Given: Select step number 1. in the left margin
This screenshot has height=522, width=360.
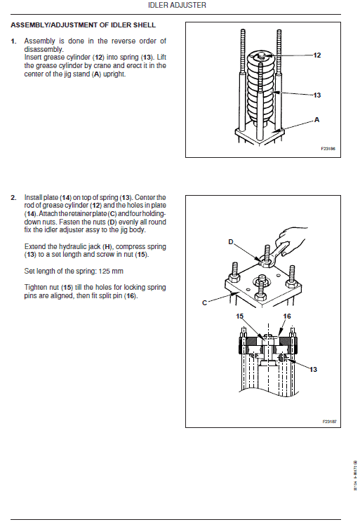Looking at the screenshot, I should click(13, 40).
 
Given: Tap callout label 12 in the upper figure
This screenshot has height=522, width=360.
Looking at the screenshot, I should click(316, 55).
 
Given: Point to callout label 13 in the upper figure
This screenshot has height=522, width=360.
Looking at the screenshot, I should click(316, 95).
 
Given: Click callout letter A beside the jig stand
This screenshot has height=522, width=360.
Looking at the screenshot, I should click(316, 120).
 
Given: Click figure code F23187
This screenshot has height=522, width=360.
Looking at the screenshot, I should click(329, 422).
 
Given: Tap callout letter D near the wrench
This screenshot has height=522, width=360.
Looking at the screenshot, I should click(230, 241).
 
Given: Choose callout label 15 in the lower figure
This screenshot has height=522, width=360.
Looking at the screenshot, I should click(240, 316).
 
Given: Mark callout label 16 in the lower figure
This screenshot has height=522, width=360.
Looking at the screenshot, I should click(286, 316).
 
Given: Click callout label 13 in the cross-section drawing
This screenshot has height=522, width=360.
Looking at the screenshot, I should click(314, 368).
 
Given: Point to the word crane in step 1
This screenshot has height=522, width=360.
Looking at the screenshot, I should click(92, 65).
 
